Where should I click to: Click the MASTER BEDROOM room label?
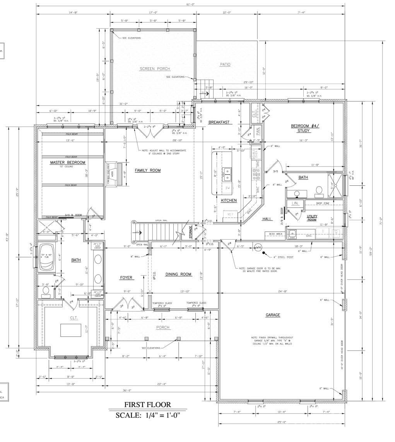(x=67, y=163)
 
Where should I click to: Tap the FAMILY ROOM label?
(x=147, y=170)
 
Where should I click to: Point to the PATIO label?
(x=225, y=64)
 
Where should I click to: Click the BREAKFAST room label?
(x=219, y=122)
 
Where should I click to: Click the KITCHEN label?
(x=229, y=200)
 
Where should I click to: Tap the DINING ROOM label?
(x=178, y=274)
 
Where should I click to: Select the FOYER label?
(x=126, y=278)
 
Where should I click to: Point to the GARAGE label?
(x=273, y=315)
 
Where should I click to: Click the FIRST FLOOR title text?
(x=147, y=405)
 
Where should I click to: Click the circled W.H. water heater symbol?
(x=258, y=247)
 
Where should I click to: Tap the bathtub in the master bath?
(x=48, y=256)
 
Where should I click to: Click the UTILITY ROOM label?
(x=312, y=218)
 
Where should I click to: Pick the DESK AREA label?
(x=274, y=234)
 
